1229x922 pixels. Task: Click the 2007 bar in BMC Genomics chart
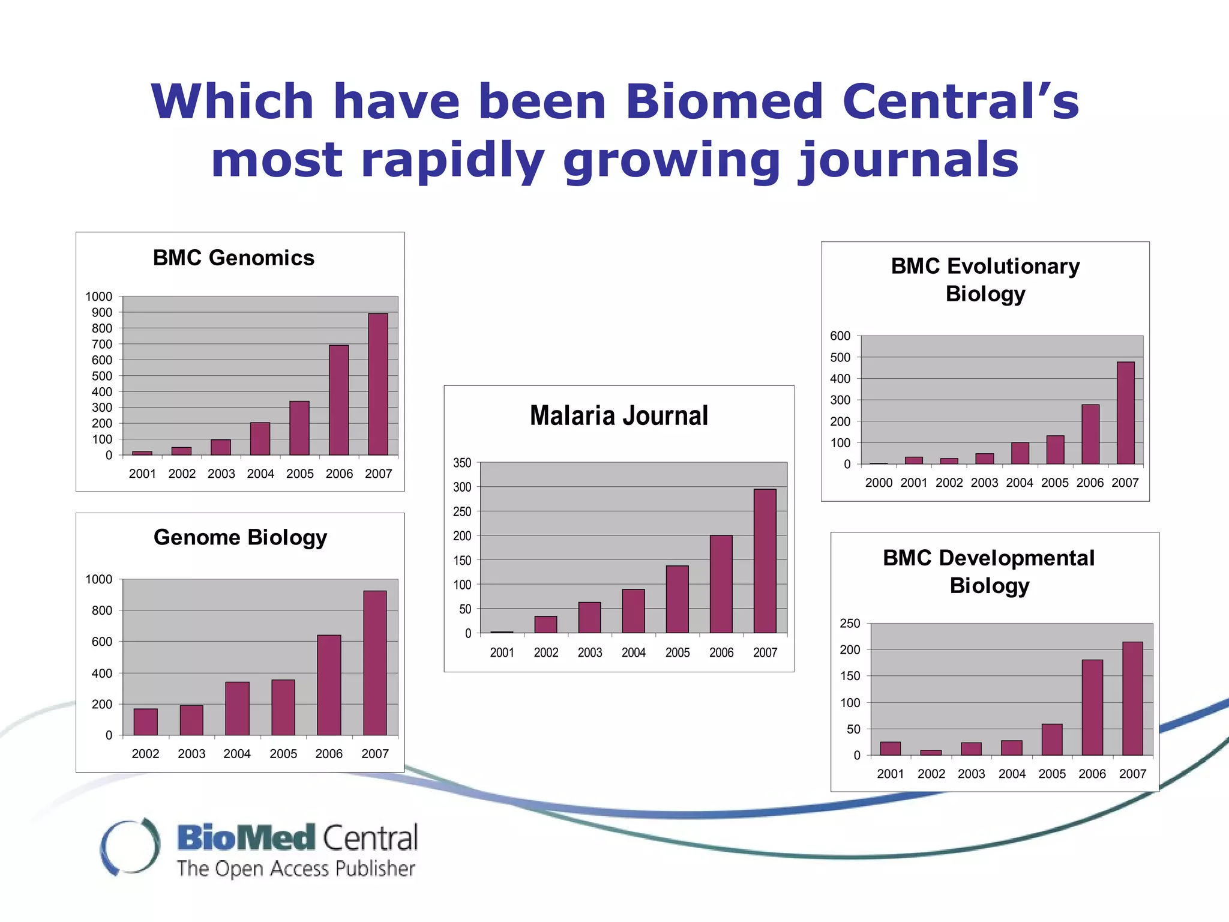(378, 384)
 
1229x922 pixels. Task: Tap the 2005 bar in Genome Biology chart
(283, 708)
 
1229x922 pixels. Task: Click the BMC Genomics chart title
(233, 258)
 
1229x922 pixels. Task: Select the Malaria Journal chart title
(619, 415)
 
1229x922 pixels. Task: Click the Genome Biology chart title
(240, 537)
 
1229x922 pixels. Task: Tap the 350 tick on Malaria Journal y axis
(462, 463)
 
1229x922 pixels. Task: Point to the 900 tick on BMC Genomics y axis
(101, 312)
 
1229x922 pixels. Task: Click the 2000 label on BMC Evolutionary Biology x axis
(879, 483)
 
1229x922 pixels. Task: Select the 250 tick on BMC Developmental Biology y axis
(850, 624)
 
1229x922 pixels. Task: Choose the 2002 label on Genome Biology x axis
(145, 754)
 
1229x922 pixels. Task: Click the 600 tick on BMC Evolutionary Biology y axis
(840, 336)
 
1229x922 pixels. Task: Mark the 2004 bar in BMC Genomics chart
(260, 439)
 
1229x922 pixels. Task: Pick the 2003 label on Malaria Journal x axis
(589, 652)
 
